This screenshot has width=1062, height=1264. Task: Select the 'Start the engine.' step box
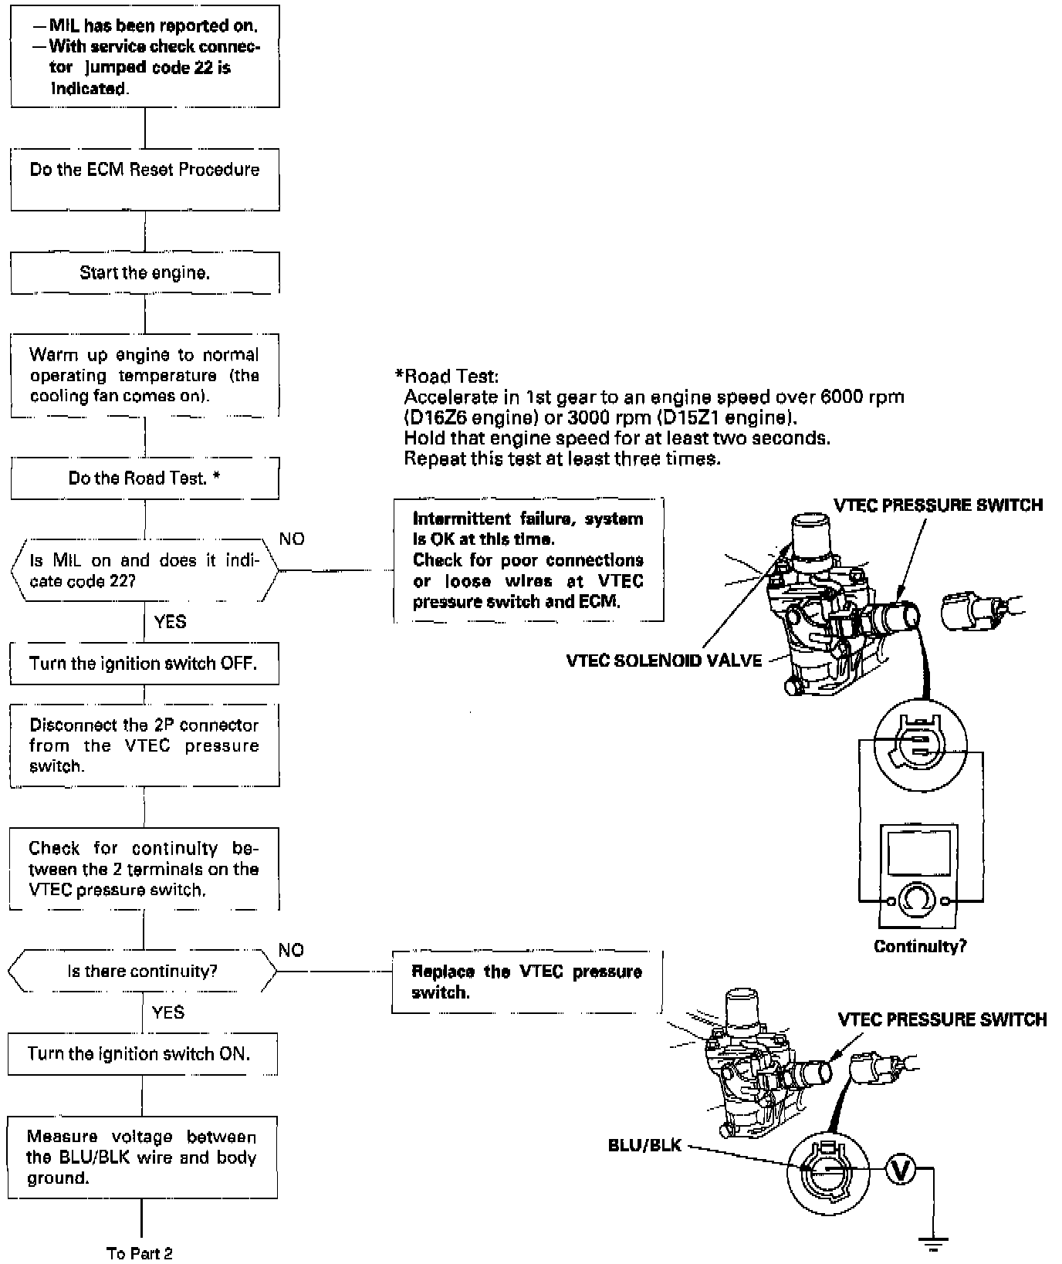click(145, 273)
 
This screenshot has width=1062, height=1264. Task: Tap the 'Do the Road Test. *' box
click(145, 478)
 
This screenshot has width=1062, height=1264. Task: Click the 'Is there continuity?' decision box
click(143, 972)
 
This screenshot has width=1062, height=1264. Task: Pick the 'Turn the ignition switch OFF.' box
click(144, 664)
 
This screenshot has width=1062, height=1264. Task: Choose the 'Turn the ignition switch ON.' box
click(142, 1054)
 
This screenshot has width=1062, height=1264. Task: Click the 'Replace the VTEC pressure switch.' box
click(527, 982)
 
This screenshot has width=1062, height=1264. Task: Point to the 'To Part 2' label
click(140, 1253)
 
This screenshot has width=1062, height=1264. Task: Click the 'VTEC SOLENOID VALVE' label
click(664, 661)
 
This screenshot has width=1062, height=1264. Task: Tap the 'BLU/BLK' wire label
click(644, 1145)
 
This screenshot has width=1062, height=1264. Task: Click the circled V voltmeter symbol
click(899, 1169)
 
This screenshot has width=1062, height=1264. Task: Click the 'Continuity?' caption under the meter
click(920, 946)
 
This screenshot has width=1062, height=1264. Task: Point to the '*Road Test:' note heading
click(447, 377)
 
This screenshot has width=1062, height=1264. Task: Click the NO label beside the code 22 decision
click(292, 539)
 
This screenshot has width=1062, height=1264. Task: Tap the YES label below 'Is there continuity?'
click(168, 1012)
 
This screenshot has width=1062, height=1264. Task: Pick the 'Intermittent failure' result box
click(529, 559)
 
